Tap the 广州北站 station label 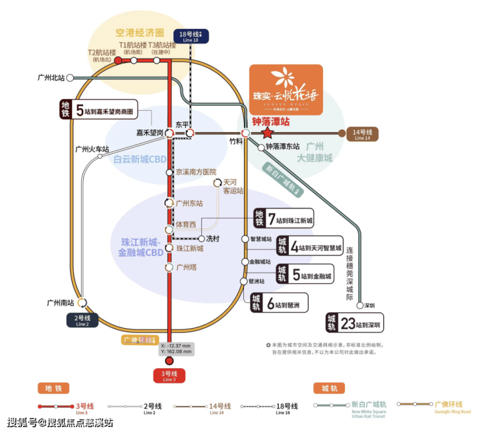(x=51, y=77)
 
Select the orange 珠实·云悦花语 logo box (x=286, y=90)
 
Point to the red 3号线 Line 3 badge (x=169, y=376)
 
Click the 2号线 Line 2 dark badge (x=82, y=321)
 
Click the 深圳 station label (x=369, y=306)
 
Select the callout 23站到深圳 (x=355, y=323)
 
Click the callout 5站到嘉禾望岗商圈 (x=96, y=110)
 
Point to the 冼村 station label (x=214, y=238)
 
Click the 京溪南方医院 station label (x=196, y=172)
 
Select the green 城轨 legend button (x=329, y=388)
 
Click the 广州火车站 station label (x=92, y=149)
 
